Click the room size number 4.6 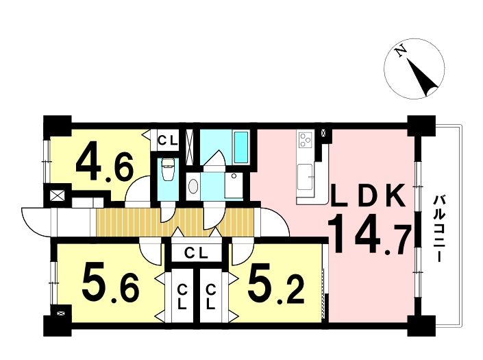[105, 167]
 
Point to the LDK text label [367, 195]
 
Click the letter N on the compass [401, 51]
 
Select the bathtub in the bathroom [241, 147]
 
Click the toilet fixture [168, 170]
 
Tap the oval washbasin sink [193, 186]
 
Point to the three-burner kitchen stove [306, 139]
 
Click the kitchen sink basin [305, 176]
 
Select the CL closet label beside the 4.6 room [168, 141]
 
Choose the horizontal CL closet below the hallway [197, 253]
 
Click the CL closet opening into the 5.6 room [183, 296]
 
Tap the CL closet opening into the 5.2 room [210, 296]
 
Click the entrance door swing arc [36, 222]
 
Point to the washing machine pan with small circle [234, 185]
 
